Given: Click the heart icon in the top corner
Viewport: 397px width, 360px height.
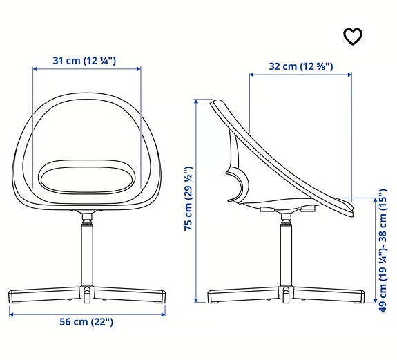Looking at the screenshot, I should (353, 37).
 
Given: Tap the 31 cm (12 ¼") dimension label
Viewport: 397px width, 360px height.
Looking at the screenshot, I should (85, 61).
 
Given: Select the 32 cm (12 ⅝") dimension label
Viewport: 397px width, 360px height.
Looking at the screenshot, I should (301, 67).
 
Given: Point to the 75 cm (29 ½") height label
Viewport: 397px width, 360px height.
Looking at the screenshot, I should (188, 199).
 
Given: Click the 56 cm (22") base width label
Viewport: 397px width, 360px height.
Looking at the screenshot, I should (86, 321).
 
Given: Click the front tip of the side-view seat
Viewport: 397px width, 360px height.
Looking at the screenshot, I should (350, 204).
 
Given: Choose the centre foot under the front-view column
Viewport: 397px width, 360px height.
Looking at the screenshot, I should (87, 296).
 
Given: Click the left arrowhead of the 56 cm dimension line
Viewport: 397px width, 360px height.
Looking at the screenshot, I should (10, 312).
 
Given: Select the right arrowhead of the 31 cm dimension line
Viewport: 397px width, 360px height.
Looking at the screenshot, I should (139, 69).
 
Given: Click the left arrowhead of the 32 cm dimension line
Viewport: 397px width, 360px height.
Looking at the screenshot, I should (251, 75).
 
